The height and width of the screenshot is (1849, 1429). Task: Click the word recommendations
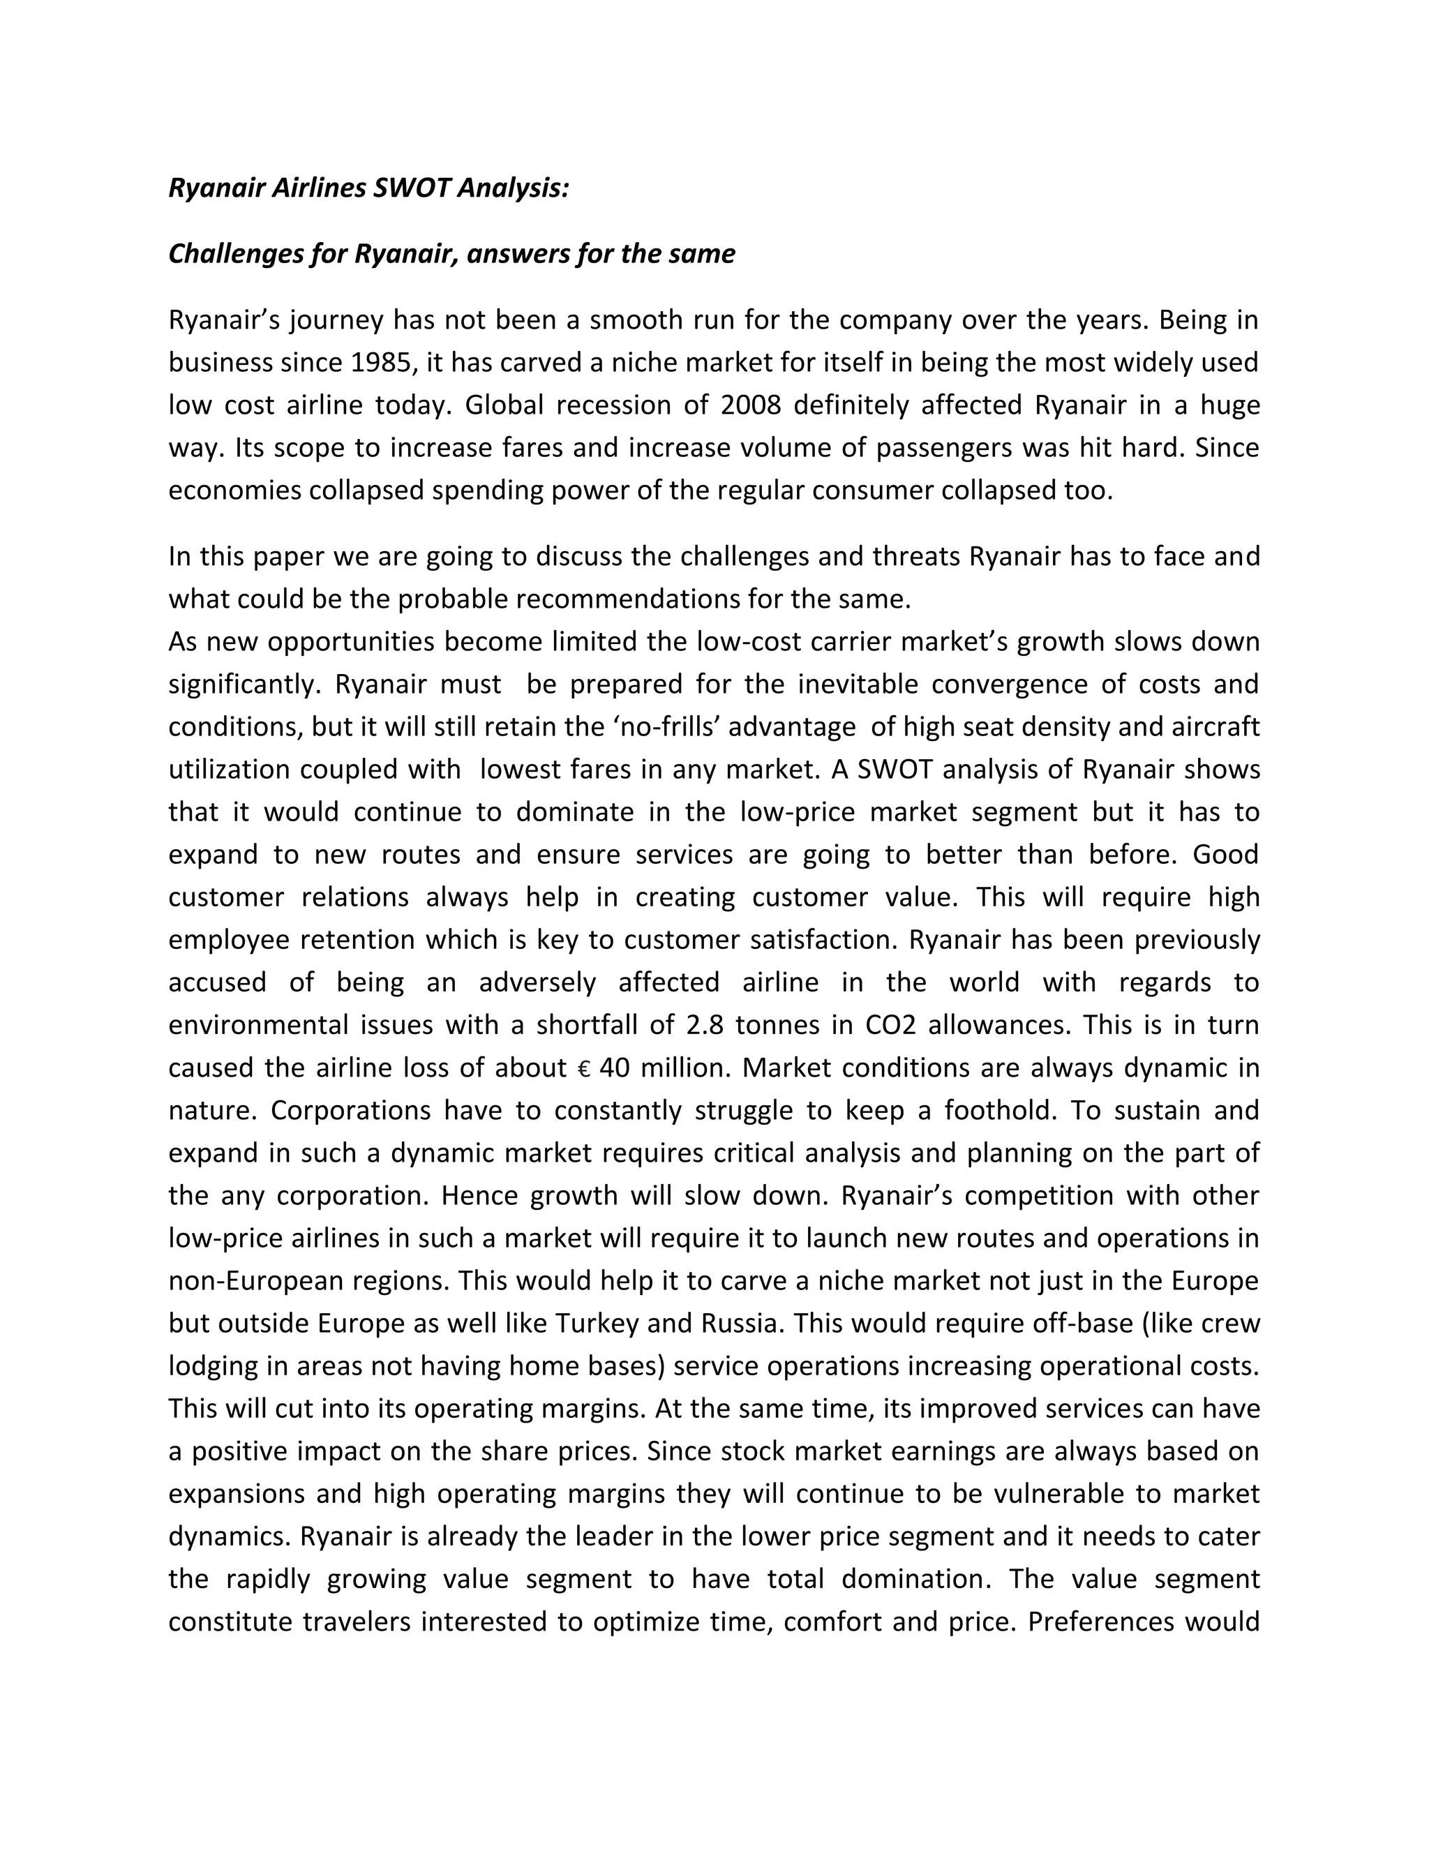pos(627,599)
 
